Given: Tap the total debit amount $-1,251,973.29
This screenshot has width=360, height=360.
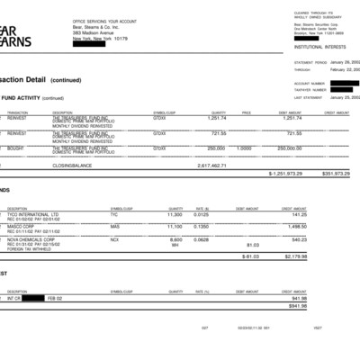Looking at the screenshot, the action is tap(285, 173).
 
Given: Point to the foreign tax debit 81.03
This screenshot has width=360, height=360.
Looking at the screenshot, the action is tap(253, 244).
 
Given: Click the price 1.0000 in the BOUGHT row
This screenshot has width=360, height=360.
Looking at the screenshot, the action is tap(243, 148).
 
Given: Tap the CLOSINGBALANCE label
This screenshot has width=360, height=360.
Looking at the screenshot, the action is tap(72, 166).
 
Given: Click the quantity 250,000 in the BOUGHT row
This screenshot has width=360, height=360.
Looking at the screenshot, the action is tap(215, 148).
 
